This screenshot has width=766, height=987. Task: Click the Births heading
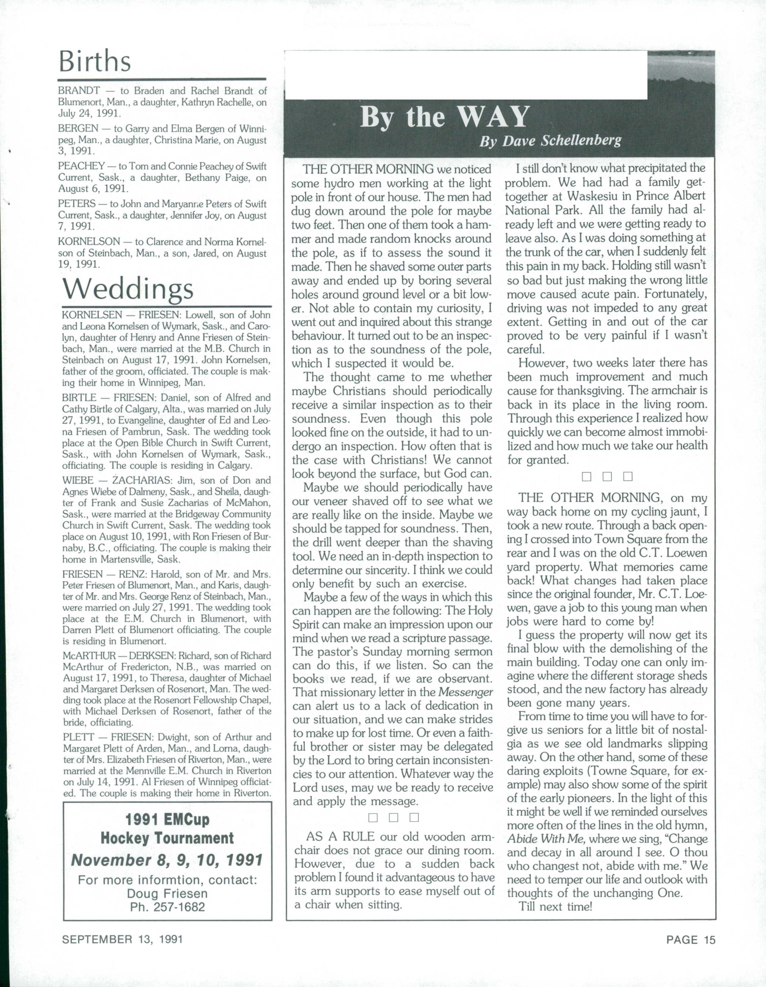click(95, 62)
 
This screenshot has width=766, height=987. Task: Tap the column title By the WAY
click(444, 117)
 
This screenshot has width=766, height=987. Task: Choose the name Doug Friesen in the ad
click(167, 893)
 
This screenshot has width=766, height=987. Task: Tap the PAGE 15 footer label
click(691, 940)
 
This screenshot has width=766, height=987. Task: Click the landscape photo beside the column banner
click(681, 75)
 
